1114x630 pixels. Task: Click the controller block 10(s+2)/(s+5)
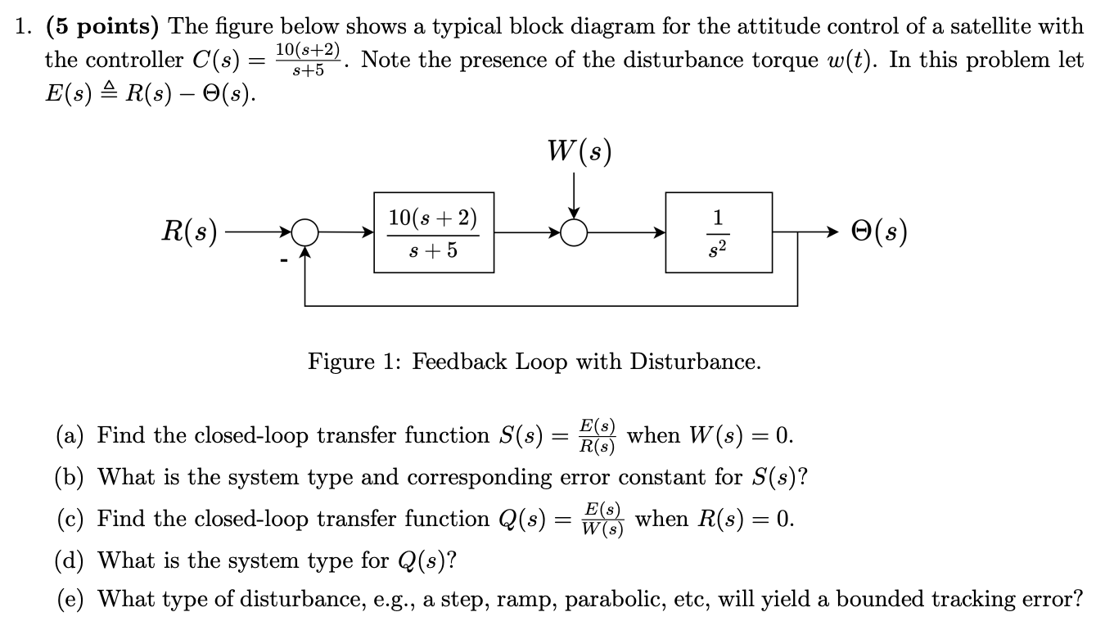tap(434, 233)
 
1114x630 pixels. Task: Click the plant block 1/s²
tap(718, 233)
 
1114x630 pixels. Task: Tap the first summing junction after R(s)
tap(304, 234)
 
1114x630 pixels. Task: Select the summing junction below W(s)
tap(575, 234)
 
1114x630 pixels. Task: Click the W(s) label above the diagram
tap(579, 152)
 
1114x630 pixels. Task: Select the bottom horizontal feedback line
tap(550, 305)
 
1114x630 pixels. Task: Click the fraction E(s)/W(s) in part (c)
tap(602, 519)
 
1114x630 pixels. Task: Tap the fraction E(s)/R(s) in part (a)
tap(597, 435)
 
